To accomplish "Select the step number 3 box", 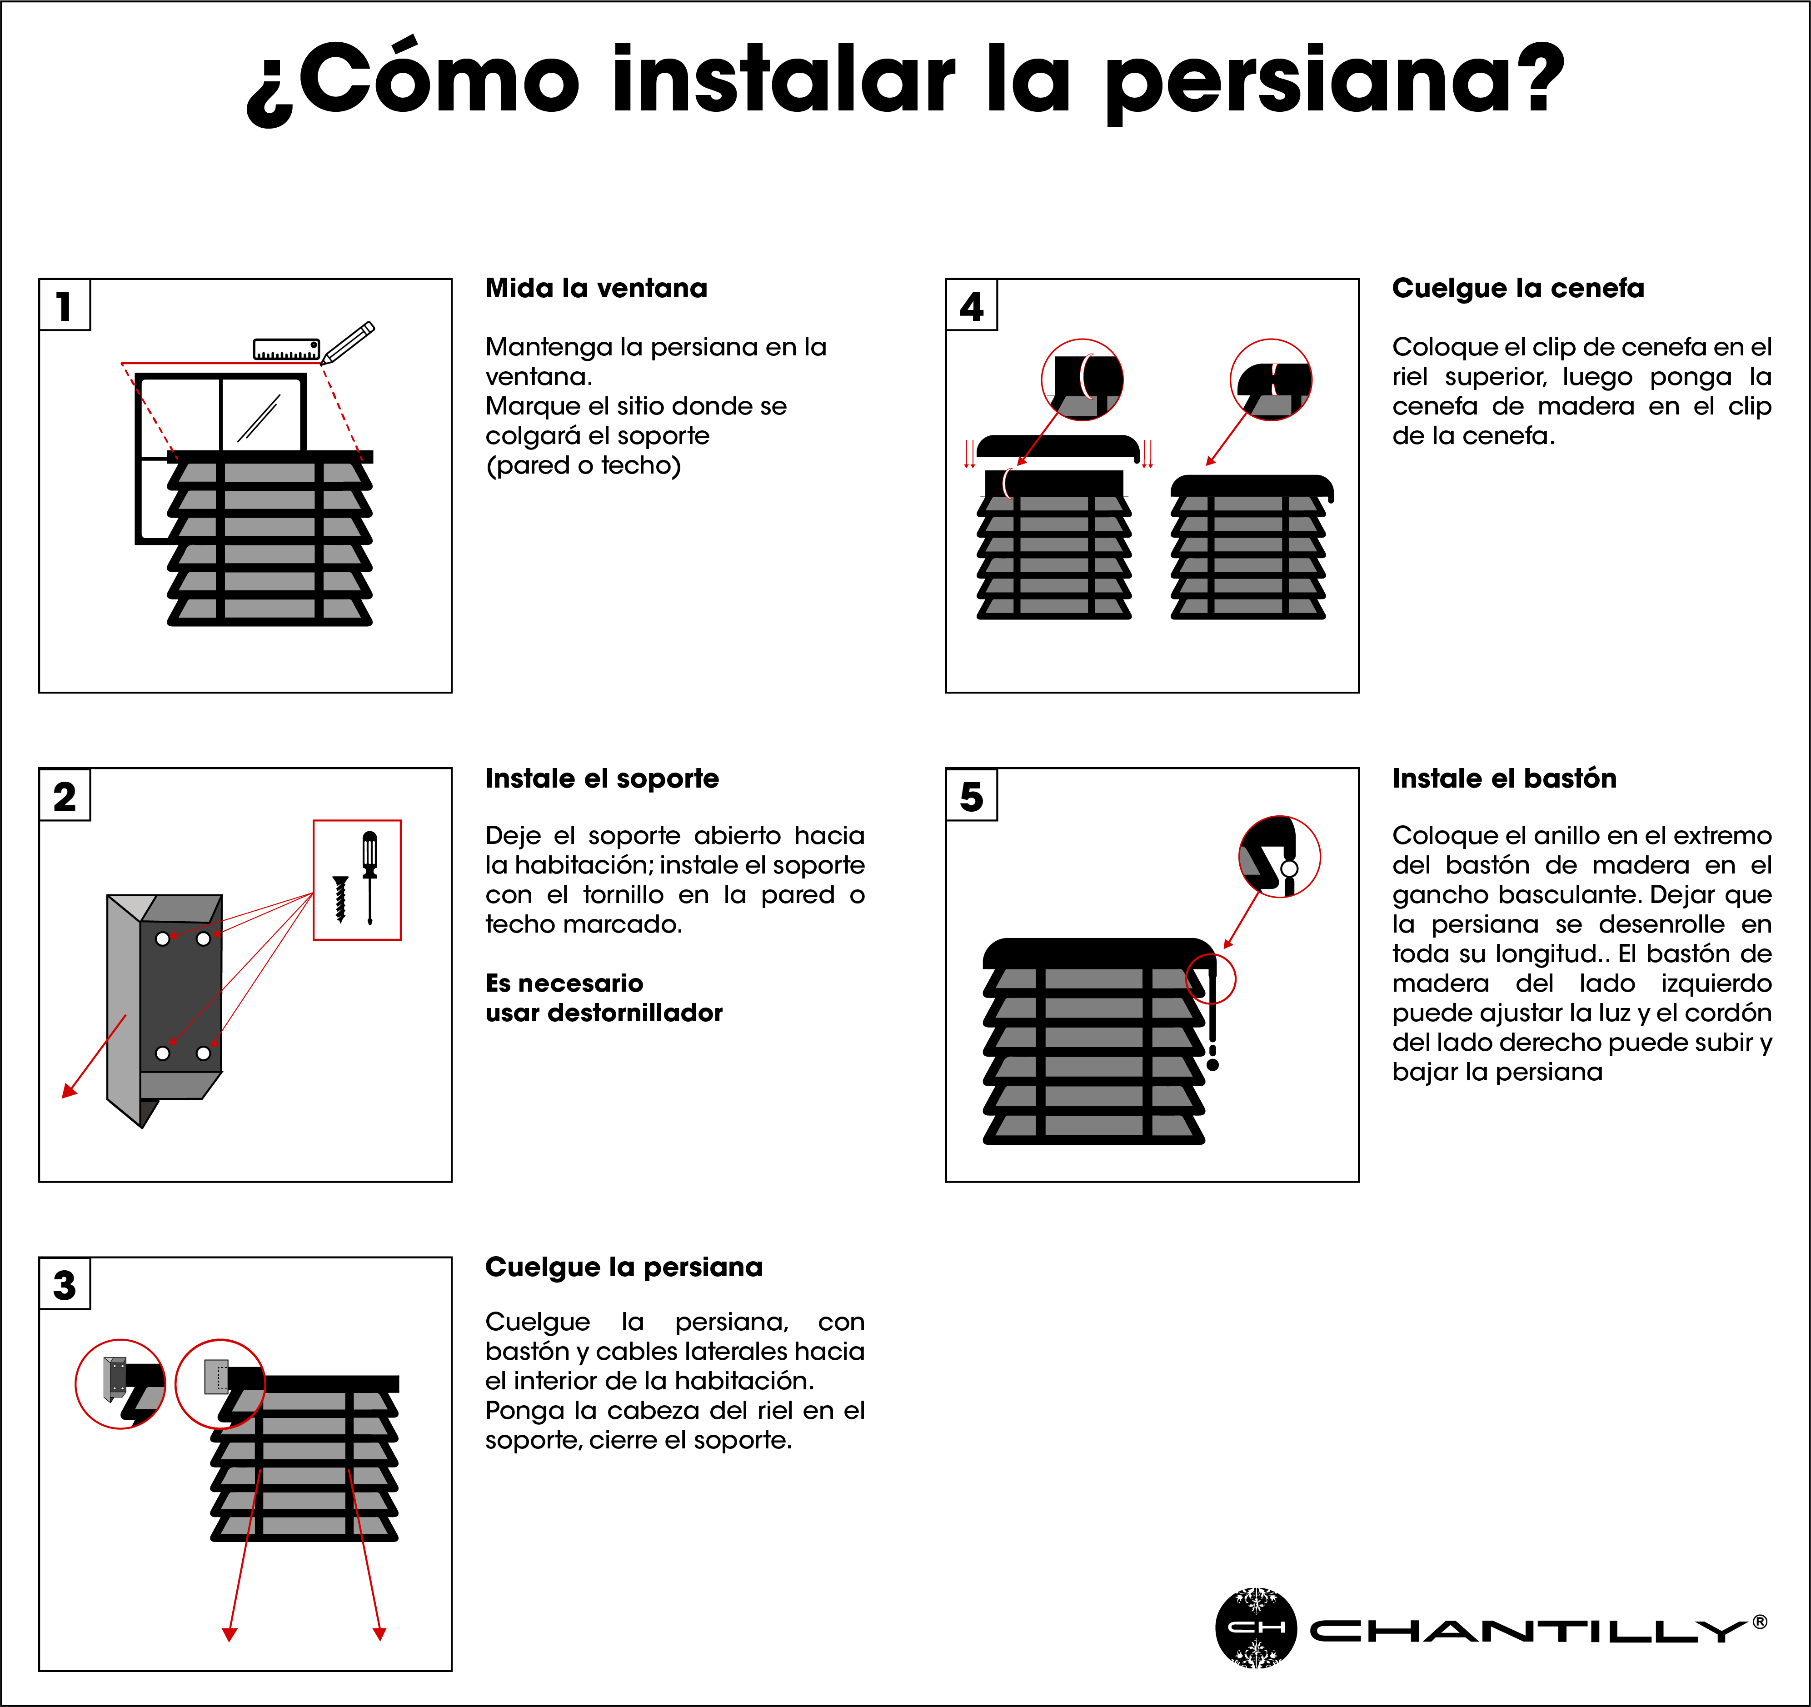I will pyautogui.click(x=64, y=1284).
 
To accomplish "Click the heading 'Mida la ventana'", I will pyautogui.click(x=596, y=289).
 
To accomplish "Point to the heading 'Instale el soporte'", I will pyautogui.click(x=601, y=779).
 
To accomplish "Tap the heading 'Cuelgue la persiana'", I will pyautogui.click(x=623, y=1267).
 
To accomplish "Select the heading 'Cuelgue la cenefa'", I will pyautogui.click(x=1518, y=289).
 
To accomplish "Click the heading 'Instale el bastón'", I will pyautogui.click(x=1504, y=779).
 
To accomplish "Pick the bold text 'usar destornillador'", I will pyautogui.click(x=603, y=1013).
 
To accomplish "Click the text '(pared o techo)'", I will pyautogui.click(x=583, y=465).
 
